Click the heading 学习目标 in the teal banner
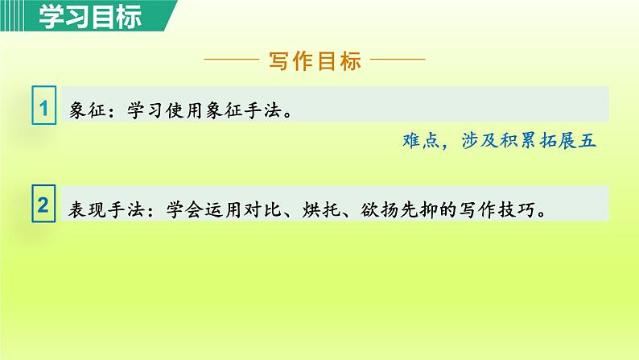coord(81,15)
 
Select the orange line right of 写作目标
coord(398,60)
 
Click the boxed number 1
coord(44,107)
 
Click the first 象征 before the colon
coord(87,112)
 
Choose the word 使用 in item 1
coord(188,112)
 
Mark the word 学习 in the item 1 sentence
coord(146,112)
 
